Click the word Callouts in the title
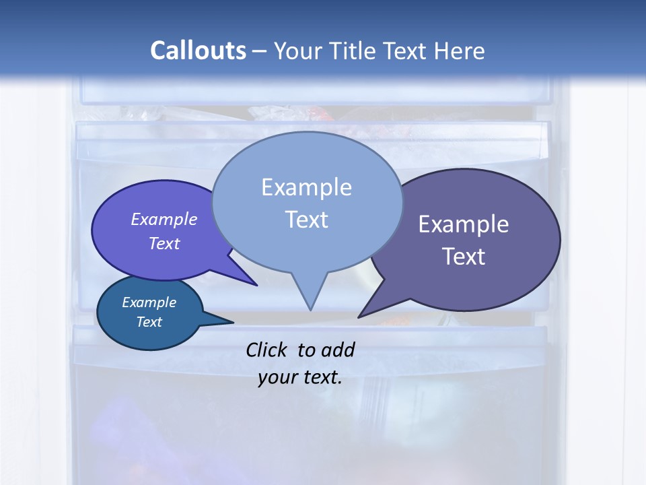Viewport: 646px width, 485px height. point(198,51)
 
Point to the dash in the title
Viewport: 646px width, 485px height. point(260,52)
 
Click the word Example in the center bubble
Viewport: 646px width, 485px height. point(306,187)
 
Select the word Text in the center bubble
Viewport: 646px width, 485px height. point(306,220)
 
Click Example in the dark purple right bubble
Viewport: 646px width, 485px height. point(464,224)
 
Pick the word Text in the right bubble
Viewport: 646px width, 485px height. point(464,257)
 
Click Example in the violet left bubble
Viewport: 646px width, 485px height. point(164,219)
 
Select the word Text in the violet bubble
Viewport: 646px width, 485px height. point(164,243)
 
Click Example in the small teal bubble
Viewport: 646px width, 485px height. point(149,302)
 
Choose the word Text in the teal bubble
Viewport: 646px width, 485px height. point(149,322)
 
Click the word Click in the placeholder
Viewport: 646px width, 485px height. point(267,350)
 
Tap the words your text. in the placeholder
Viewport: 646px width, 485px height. point(300,377)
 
